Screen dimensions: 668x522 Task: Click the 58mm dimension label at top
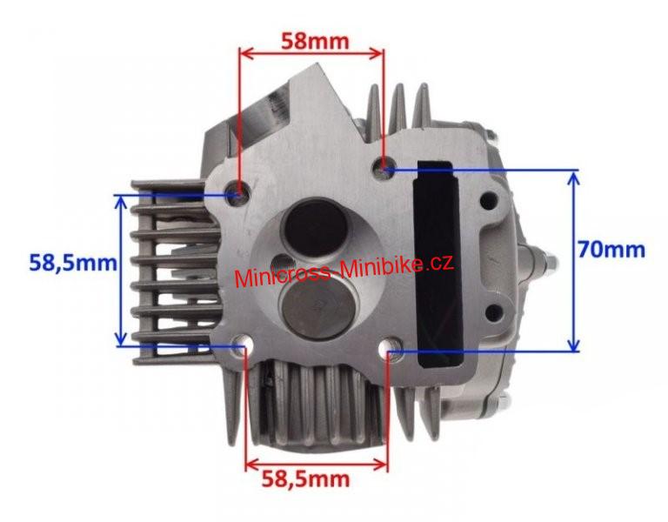click(315, 42)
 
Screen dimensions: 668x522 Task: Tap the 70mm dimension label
click(611, 250)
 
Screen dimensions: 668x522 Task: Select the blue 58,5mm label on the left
click(73, 263)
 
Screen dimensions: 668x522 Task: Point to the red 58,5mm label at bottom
click(305, 479)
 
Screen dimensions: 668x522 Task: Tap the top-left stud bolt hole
click(237, 191)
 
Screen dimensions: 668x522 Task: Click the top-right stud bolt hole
click(384, 169)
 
